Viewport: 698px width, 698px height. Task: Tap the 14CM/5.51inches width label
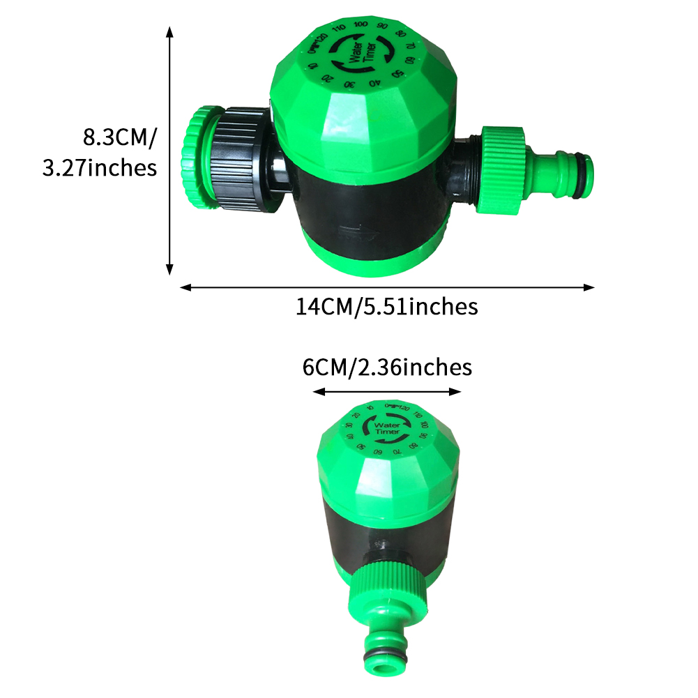pos(387,306)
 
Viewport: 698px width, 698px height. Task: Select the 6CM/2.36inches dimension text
pos(387,367)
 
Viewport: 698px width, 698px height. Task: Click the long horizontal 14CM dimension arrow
pos(387,287)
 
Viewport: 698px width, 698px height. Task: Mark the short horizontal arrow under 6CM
pos(387,392)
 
